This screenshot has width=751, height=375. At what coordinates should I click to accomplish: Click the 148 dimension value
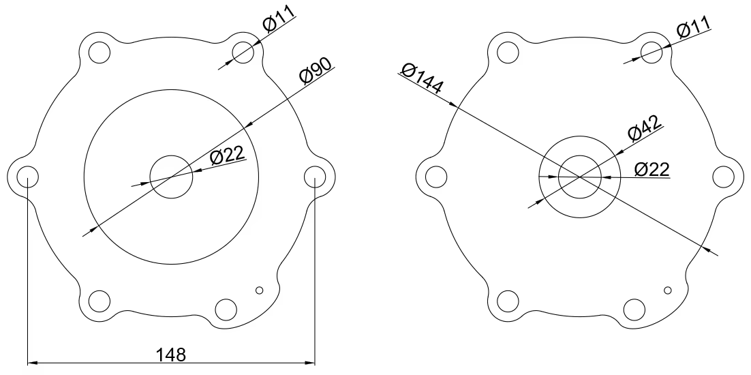pyautogui.click(x=171, y=355)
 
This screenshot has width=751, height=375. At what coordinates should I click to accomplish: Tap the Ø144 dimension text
pyautogui.click(x=423, y=78)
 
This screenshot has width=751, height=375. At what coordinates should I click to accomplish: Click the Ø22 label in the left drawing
pyautogui.click(x=228, y=156)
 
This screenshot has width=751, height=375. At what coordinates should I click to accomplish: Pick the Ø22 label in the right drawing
pyautogui.click(x=652, y=168)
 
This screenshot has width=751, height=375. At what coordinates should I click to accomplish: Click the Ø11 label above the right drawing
pyautogui.click(x=693, y=29)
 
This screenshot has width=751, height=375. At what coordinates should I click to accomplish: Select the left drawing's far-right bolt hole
pyautogui.click(x=314, y=175)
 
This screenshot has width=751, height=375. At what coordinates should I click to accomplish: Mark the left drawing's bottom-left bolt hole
pyautogui.click(x=99, y=300)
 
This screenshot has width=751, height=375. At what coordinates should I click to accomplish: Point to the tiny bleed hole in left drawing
pyautogui.click(x=259, y=290)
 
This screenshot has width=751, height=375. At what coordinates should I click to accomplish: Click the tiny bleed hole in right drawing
pyautogui.click(x=668, y=290)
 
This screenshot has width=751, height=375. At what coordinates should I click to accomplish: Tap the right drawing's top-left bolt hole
pyautogui.click(x=508, y=52)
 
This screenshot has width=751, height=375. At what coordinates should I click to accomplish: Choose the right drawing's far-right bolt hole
pyautogui.click(x=723, y=175)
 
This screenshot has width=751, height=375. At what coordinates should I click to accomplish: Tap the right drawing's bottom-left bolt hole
pyautogui.click(x=508, y=300)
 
